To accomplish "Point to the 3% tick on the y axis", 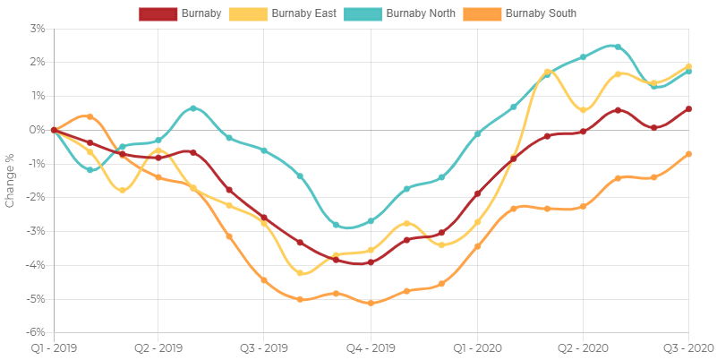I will click(x=38, y=28).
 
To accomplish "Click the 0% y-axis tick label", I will click(x=38, y=129).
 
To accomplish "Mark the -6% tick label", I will click(x=36, y=332).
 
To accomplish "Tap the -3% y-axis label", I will click(x=36, y=231).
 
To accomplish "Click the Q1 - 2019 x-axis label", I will click(x=54, y=347).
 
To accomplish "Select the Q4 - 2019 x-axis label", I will click(x=371, y=347).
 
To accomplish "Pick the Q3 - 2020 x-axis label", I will click(x=687, y=347).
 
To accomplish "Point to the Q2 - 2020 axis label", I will click(x=582, y=347).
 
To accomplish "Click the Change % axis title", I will click(x=10, y=180).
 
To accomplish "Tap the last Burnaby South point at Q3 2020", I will click(x=688, y=154).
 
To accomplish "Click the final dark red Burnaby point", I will click(x=688, y=109).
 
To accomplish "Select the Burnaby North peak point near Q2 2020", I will click(x=618, y=47).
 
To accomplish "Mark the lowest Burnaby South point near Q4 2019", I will click(x=371, y=304).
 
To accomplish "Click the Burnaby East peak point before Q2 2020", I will click(x=547, y=72).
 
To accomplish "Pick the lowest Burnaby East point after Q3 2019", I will click(x=301, y=272).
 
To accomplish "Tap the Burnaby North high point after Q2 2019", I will click(x=193, y=108).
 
